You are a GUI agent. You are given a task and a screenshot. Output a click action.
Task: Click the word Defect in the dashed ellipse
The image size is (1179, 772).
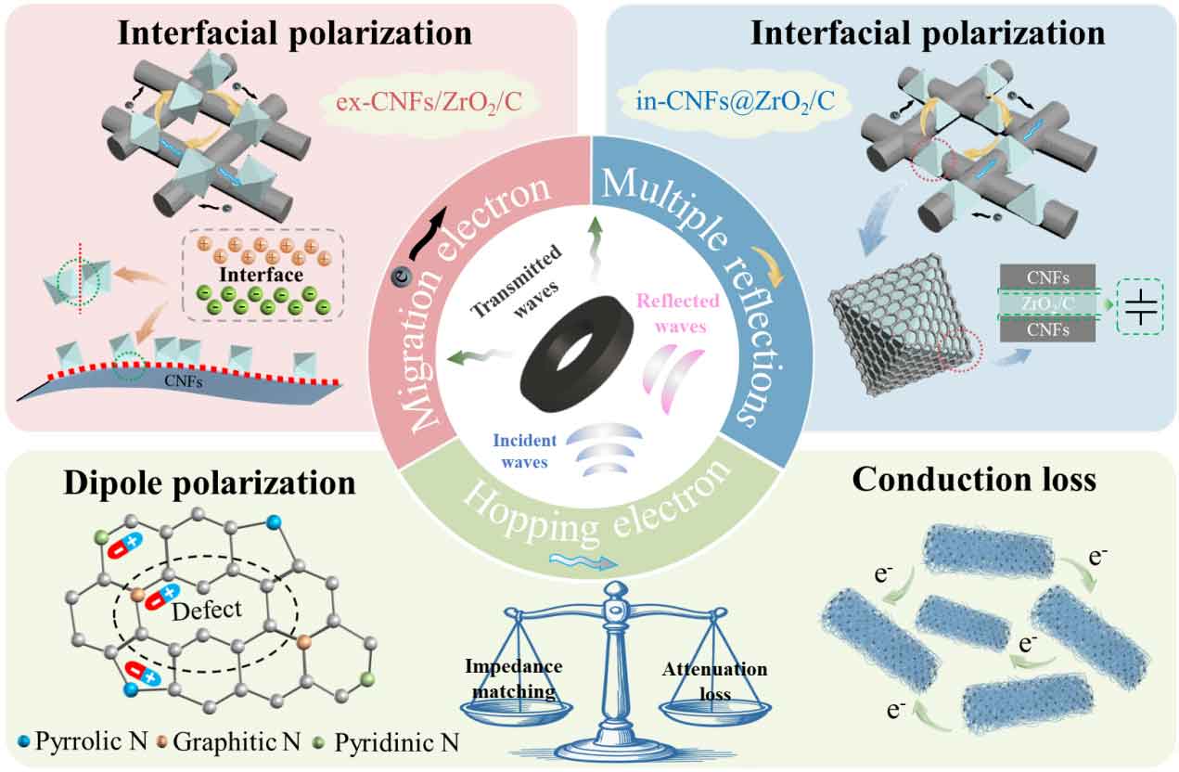point(212,609)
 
